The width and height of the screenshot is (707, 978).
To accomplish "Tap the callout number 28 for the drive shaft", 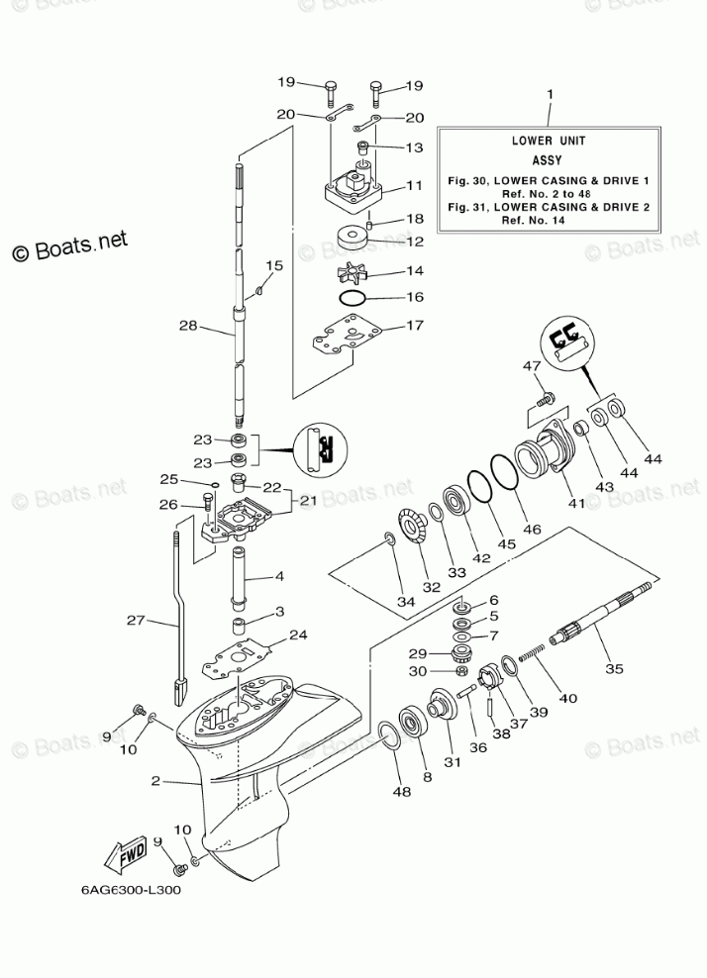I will pos(188,326).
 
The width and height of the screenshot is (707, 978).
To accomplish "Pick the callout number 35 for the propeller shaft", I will pos(614,669).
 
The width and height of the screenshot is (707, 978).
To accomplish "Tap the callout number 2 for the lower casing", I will pos(155,781).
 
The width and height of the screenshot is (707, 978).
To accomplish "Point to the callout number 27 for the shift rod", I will pos(137,621).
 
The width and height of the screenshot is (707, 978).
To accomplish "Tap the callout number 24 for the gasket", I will pos(298,635).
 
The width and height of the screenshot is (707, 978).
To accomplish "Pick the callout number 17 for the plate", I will pos(415,325).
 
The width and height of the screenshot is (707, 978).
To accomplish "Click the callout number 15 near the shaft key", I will pos(273,265).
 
